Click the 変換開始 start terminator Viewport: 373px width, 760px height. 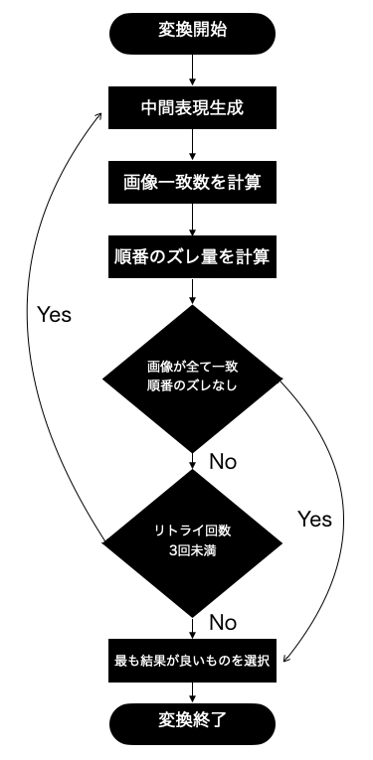click(x=192, y=31)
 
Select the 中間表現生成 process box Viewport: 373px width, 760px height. click(x=191, y=106)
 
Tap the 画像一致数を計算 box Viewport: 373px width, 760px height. click(x=191, y=182)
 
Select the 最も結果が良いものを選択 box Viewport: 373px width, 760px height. click(x=191, y=660)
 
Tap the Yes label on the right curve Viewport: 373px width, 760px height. click(x=314, y=519)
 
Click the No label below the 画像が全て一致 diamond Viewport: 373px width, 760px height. click(x=223, y=461)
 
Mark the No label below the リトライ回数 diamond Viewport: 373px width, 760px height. click(x=223, y=623)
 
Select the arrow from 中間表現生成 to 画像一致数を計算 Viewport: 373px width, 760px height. click(x=191, y=144)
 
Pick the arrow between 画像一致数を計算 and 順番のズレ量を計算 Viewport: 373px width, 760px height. click(x=191, y=220)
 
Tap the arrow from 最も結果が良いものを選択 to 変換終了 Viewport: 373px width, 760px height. click(x=191, y=691)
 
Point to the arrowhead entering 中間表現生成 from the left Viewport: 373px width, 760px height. click(x=103, y=112)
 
